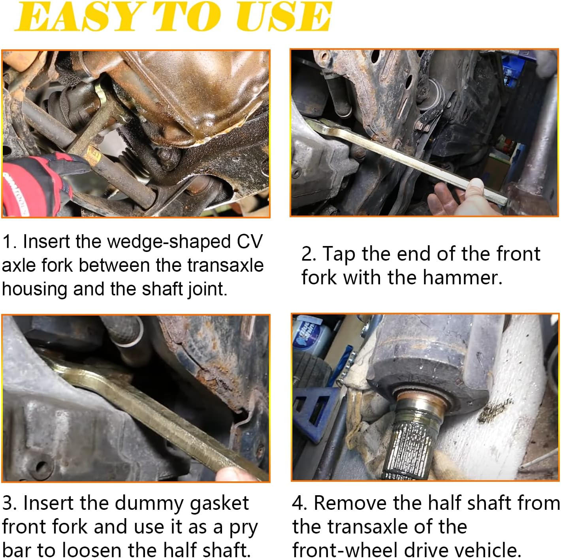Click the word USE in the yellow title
(x=284, y=17)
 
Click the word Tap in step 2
(x=339, y=254)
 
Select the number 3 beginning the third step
(x=8, y=503)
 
